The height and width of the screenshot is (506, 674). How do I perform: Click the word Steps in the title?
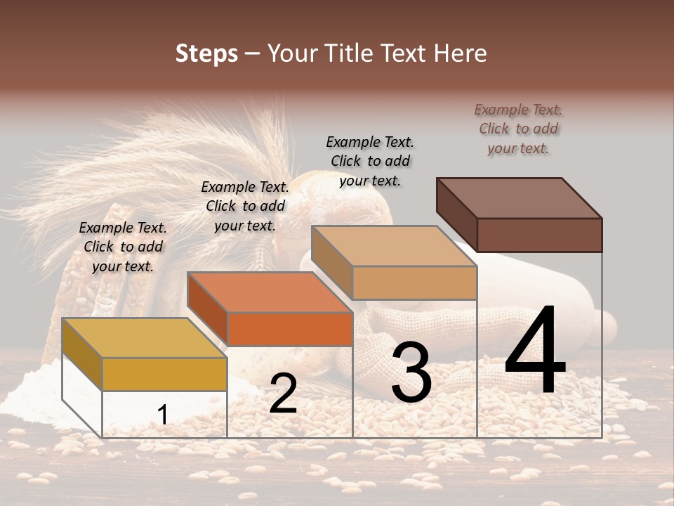[206, 53]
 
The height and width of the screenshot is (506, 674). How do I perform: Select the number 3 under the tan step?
[411, 373]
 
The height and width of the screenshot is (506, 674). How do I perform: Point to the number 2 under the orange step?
[283, 394]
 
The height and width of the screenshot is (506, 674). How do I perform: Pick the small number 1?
[163, 415]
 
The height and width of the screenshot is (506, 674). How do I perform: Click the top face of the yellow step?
[144, 338]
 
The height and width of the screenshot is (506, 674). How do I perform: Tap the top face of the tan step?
[394, 246]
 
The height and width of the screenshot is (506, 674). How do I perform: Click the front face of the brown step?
[539, 235]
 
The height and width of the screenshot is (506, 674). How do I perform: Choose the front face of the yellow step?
[164, 374]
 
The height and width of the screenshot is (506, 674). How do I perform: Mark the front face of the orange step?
[289, 329]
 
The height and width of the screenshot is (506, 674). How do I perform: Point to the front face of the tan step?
[414, 283]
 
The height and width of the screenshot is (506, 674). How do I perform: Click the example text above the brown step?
[518, 129]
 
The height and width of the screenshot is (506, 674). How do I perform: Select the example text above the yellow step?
[123, 247]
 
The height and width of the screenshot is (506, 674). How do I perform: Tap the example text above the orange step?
[245, 206]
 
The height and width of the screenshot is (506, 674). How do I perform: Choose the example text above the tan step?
[370, 161]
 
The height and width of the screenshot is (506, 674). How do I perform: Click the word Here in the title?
[461, 53]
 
